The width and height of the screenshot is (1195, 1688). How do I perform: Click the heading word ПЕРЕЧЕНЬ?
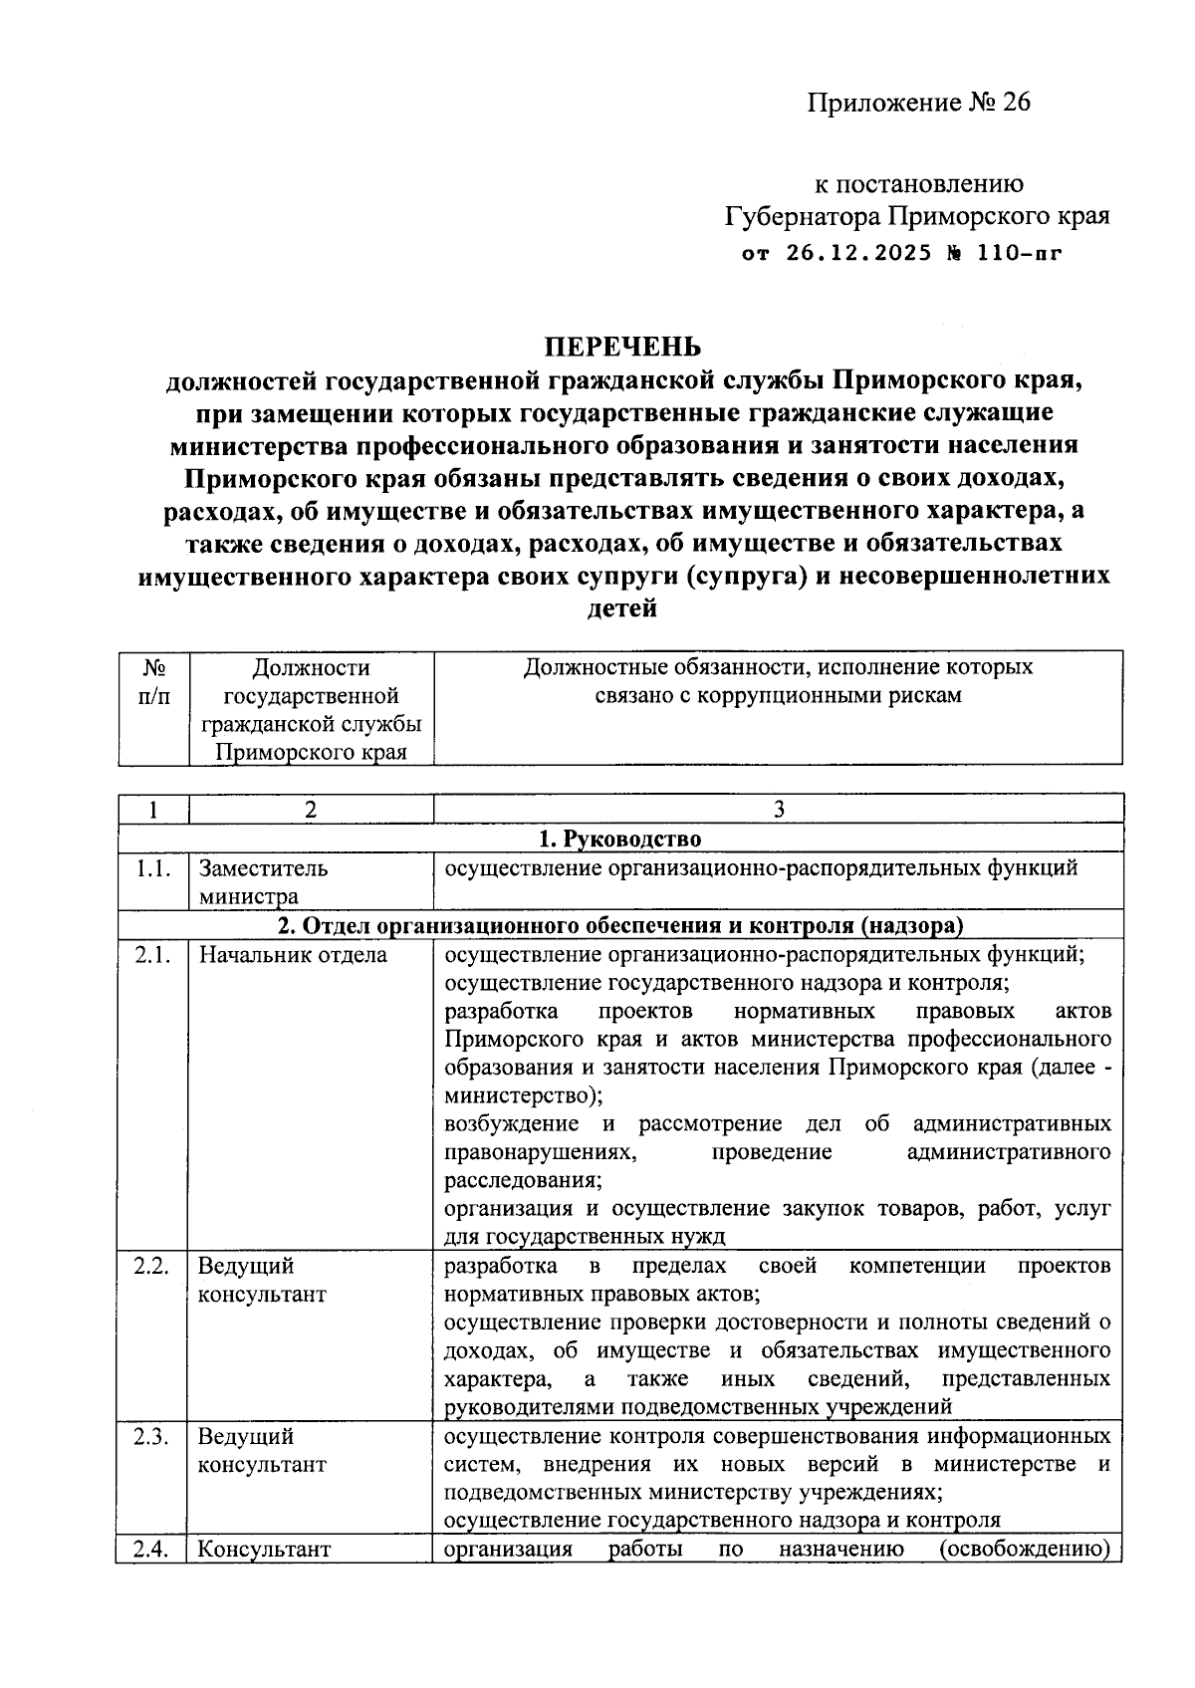click(x=621, y=347)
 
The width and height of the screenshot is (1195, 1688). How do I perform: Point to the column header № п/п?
click(x=153, y=681)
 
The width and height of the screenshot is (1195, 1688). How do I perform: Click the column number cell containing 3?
click(x=779, y=810)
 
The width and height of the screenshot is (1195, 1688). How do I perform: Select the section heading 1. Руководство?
click(x=619, y=839)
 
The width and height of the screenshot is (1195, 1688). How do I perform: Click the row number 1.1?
click(x=153, y=868)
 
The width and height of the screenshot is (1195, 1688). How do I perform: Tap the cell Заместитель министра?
click(x=263, y=881)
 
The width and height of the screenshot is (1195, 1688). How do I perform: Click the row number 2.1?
click(x=153, y=955)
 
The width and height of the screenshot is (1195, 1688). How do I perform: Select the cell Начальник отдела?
click(x=293, y=955)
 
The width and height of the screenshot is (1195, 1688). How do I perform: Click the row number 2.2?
click(x=153, y=1266)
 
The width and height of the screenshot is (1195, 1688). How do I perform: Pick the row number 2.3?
click(x=153, y=1436)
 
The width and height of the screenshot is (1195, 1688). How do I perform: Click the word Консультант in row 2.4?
click(x=264, y=1550)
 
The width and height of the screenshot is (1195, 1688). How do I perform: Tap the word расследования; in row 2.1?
click(x=523, y=1181)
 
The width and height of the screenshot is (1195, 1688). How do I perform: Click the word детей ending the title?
click(x=623, y=608)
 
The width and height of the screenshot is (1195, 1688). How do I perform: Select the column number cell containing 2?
click(x=311, y=810)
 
